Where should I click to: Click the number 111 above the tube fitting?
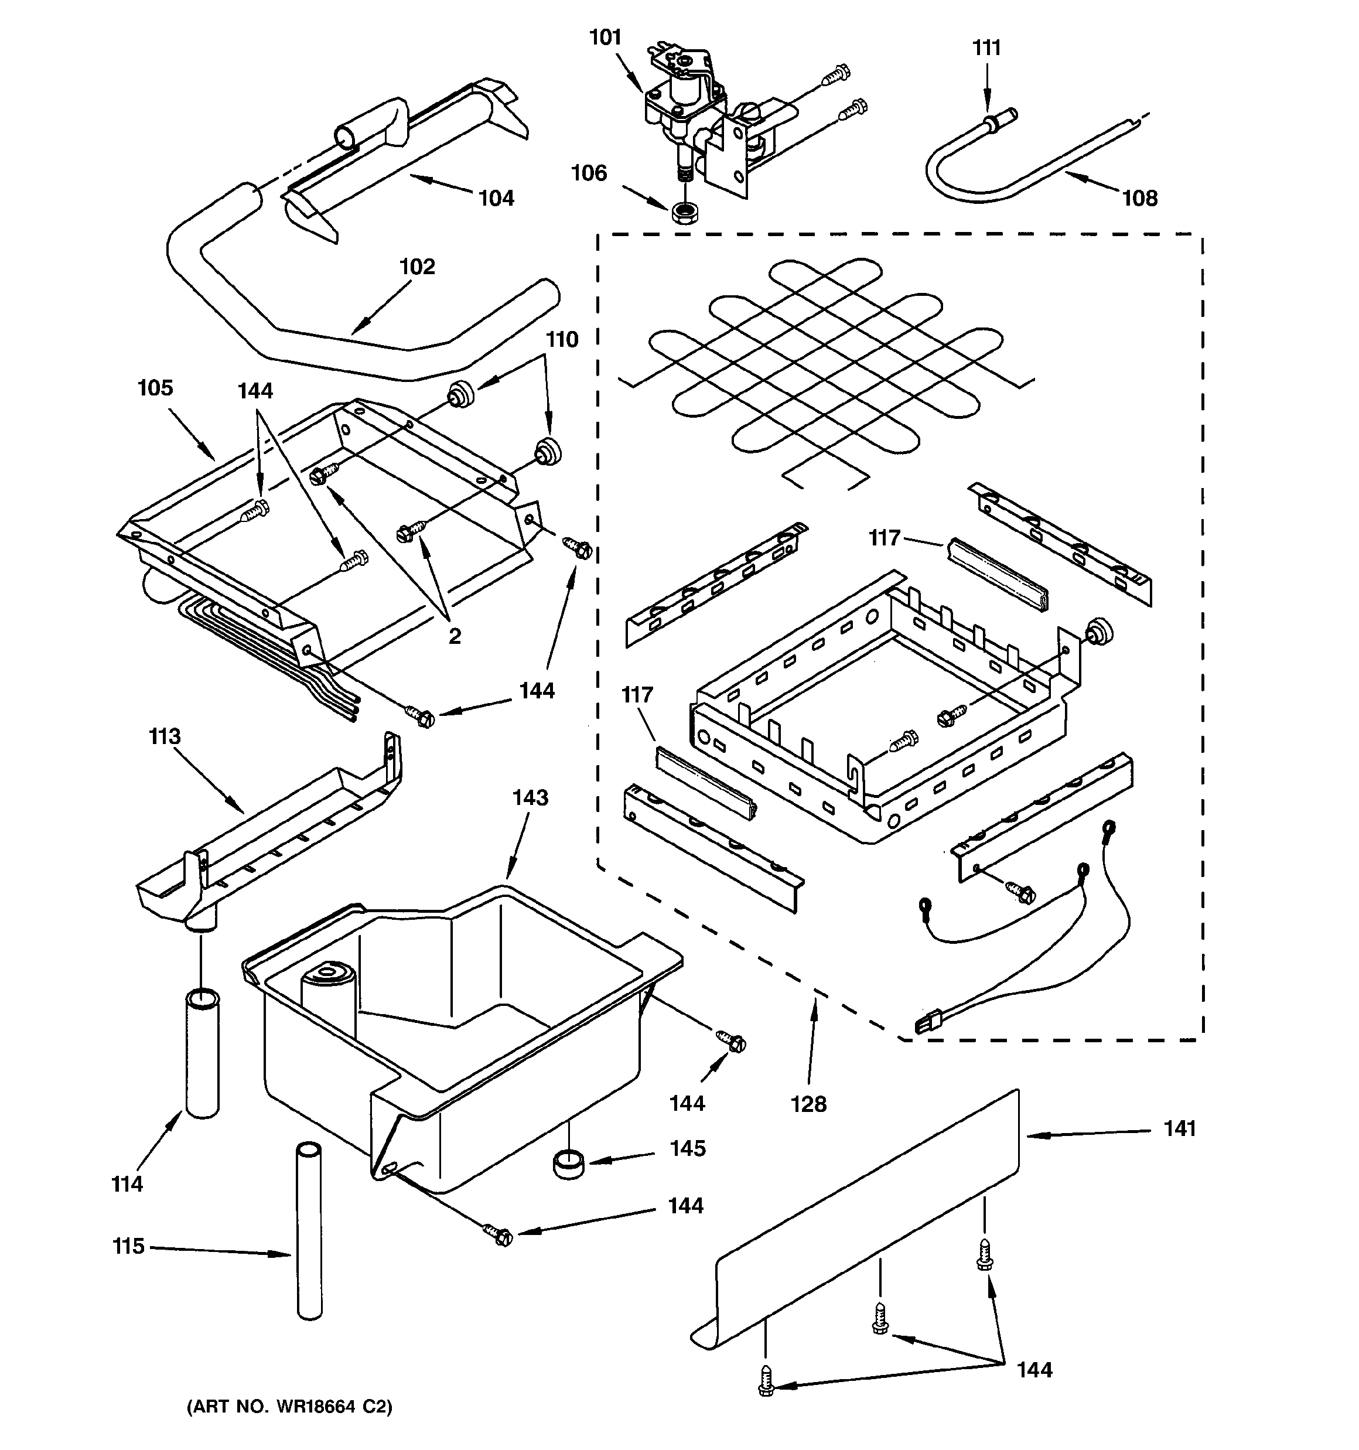[986, 47]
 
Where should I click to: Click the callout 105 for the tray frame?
[155, 387]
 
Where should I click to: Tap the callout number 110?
[562, 339]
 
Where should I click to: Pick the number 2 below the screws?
[455, 637]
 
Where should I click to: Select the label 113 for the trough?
[164, 736]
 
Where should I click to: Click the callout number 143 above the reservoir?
[530, 797]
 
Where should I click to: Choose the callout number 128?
[808, 1104]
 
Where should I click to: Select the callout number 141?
[1180, 1128]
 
